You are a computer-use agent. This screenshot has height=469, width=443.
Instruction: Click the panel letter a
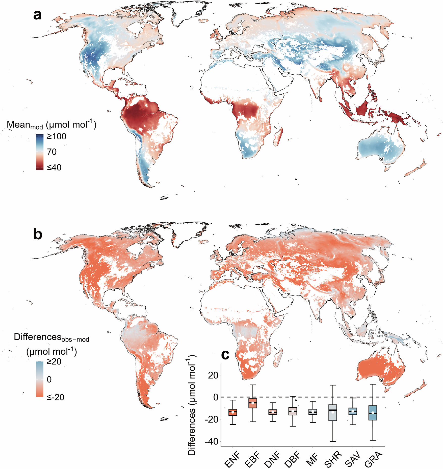click(x=37, y=15)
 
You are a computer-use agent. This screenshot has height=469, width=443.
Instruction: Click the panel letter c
click(x=225, y=355)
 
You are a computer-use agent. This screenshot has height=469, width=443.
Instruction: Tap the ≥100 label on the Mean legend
click(x=57, y=136)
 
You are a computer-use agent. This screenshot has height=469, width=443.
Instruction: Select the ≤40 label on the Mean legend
click(x=54, y=167)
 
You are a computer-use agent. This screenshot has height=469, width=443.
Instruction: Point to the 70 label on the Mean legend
click(x=52, y=152)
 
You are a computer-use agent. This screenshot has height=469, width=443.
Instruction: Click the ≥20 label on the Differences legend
click(x=54, y=362)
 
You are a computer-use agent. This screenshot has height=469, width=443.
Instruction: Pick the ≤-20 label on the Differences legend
click(x=56, y=397)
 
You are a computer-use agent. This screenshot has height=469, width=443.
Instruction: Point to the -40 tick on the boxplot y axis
click(x=211, y=441)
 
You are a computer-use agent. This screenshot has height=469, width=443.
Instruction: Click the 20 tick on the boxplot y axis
click(x=213, y=375)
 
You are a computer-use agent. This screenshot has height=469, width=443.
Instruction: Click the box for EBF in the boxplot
click(x=252, y=403)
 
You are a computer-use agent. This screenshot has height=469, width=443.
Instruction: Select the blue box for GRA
click(x=373, y=413)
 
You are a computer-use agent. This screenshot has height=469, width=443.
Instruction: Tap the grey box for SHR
click(x=333, y=413)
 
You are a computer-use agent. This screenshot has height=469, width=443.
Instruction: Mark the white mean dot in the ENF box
click(x=233, y=412)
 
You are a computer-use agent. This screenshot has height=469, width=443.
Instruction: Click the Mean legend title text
click(x=51, y=125)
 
